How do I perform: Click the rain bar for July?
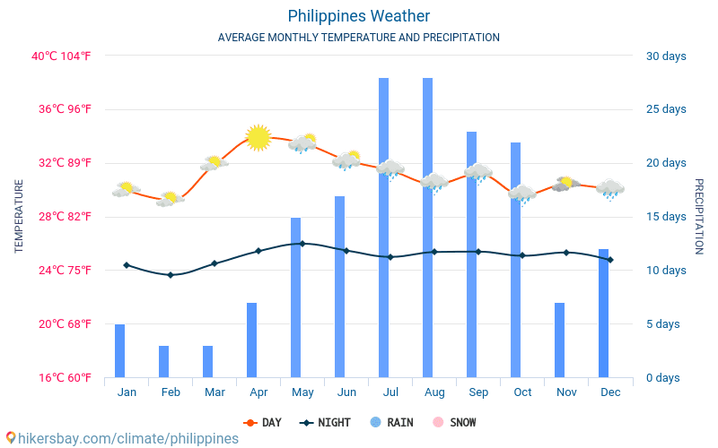pos(383,228)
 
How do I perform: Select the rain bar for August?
pos(427,228)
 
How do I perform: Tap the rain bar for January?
pos(119,350)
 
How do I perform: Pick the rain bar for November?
pos(559,340)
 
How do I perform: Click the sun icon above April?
pos(258,137)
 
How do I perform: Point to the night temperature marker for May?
pos(302,243)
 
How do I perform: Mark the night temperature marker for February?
pos(171,274)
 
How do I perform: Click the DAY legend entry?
pos(262,422)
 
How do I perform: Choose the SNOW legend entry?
pos(455,422)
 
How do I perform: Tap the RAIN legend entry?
pos(391,422)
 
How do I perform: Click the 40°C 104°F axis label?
pos(62,56)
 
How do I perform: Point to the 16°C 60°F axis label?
pos(62,377)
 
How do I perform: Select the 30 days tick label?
pos(666,56)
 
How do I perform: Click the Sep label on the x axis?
pos(478,392)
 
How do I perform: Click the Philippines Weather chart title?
pos(359,16)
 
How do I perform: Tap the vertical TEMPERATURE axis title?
pos(19,216)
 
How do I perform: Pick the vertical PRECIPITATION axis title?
pos(699,216)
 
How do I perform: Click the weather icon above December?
pos(610,188)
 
